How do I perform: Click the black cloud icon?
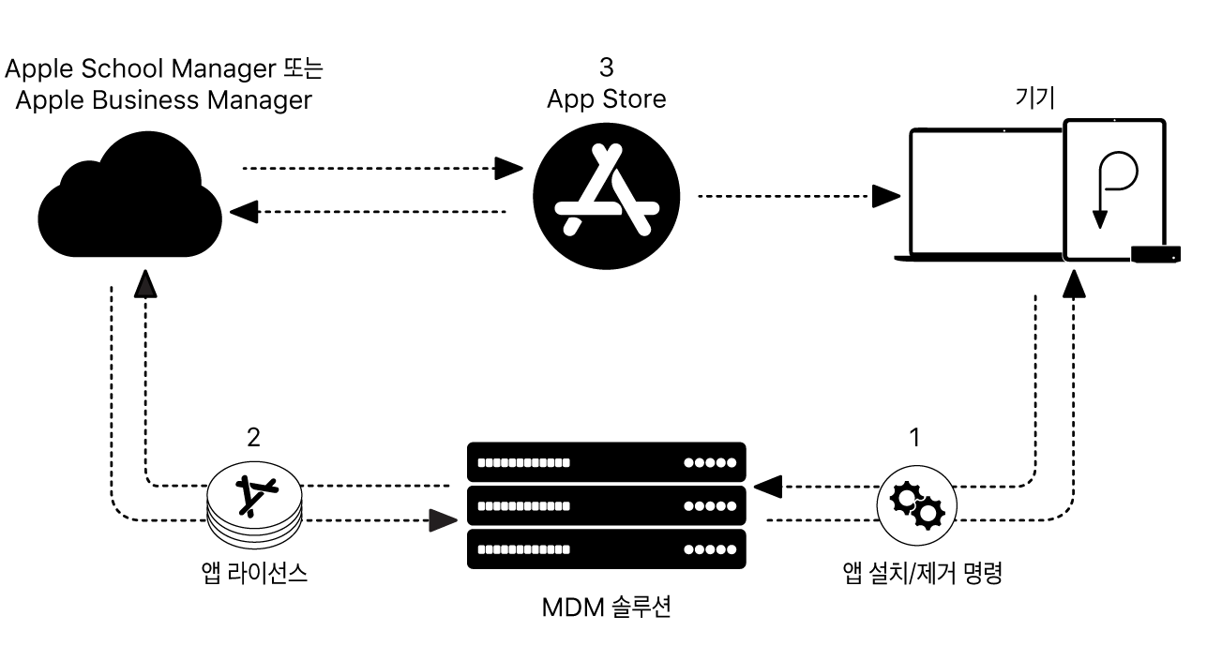pyautogui.click(x=130, y=200)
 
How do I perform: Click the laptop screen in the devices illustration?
pyautogui.click(x=985, y=192)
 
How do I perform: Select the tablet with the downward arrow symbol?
pyautogui.click(x=1114, y=188)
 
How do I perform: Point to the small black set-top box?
pyautogui.click(x=1155, y=253)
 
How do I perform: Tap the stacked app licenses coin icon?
pyautogui.click(x=254, y=506)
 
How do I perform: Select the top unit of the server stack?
pyautogui.click(x=607, y=462)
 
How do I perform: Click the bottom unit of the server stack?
pyautogui.click(x=607, y=549)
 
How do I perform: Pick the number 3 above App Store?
pyautogui.click(x=606, y=68)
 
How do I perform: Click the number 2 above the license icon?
pyautogui.click(x=253, y=437)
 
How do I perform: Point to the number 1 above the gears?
pyautogui.click(x=915, y=437)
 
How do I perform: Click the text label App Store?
pyautogui.click(x=606, y=98)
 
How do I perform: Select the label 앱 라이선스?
pyautogui.click(x=254, y=574)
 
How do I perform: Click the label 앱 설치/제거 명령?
pyautogui.click(x=923, y=574)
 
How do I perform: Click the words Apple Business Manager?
pyautogui.click(x=164, y=100)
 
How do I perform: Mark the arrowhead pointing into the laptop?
pyautogui.click(x=885, y=196)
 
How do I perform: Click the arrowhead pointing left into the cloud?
pyautogui.click(x=243, y=212)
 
